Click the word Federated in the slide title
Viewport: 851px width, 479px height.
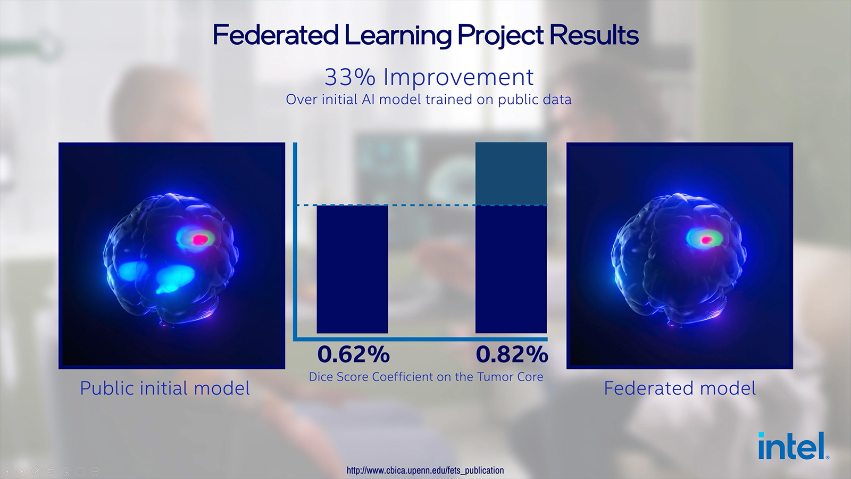pyautogui.click(x=276, y=35)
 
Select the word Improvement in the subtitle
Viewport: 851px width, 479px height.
pyautogui.click(x=458, y=78)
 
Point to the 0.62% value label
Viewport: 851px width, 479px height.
pyautogui.click(x=353, y=354)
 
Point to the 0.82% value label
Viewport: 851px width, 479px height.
pyautogui.click(x=512, y=354)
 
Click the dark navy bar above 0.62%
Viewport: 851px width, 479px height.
pyautogui.click(x=353, y=269)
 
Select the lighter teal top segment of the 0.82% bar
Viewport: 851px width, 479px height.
pyautogui.click(x=511, y=174)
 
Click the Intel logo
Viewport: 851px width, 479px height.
pyautogui.click(x=794, y=445)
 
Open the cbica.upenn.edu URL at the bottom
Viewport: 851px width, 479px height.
pyautogui.click(x=425, y=470)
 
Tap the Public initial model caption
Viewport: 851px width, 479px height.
pyautogui.click(x=165, y=388)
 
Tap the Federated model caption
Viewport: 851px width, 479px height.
pyautogui.click(x=680, y=388)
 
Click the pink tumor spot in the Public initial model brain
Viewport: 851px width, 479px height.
pyautogui.click(x=199, y=240)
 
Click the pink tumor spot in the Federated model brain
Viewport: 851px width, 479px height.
pyautogui.click(x=706, y=240)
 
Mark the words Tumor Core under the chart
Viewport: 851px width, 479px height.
pyautogui.click(x=510, y=377)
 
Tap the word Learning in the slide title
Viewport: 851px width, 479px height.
pyautogui.click(x=398, y=35)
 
